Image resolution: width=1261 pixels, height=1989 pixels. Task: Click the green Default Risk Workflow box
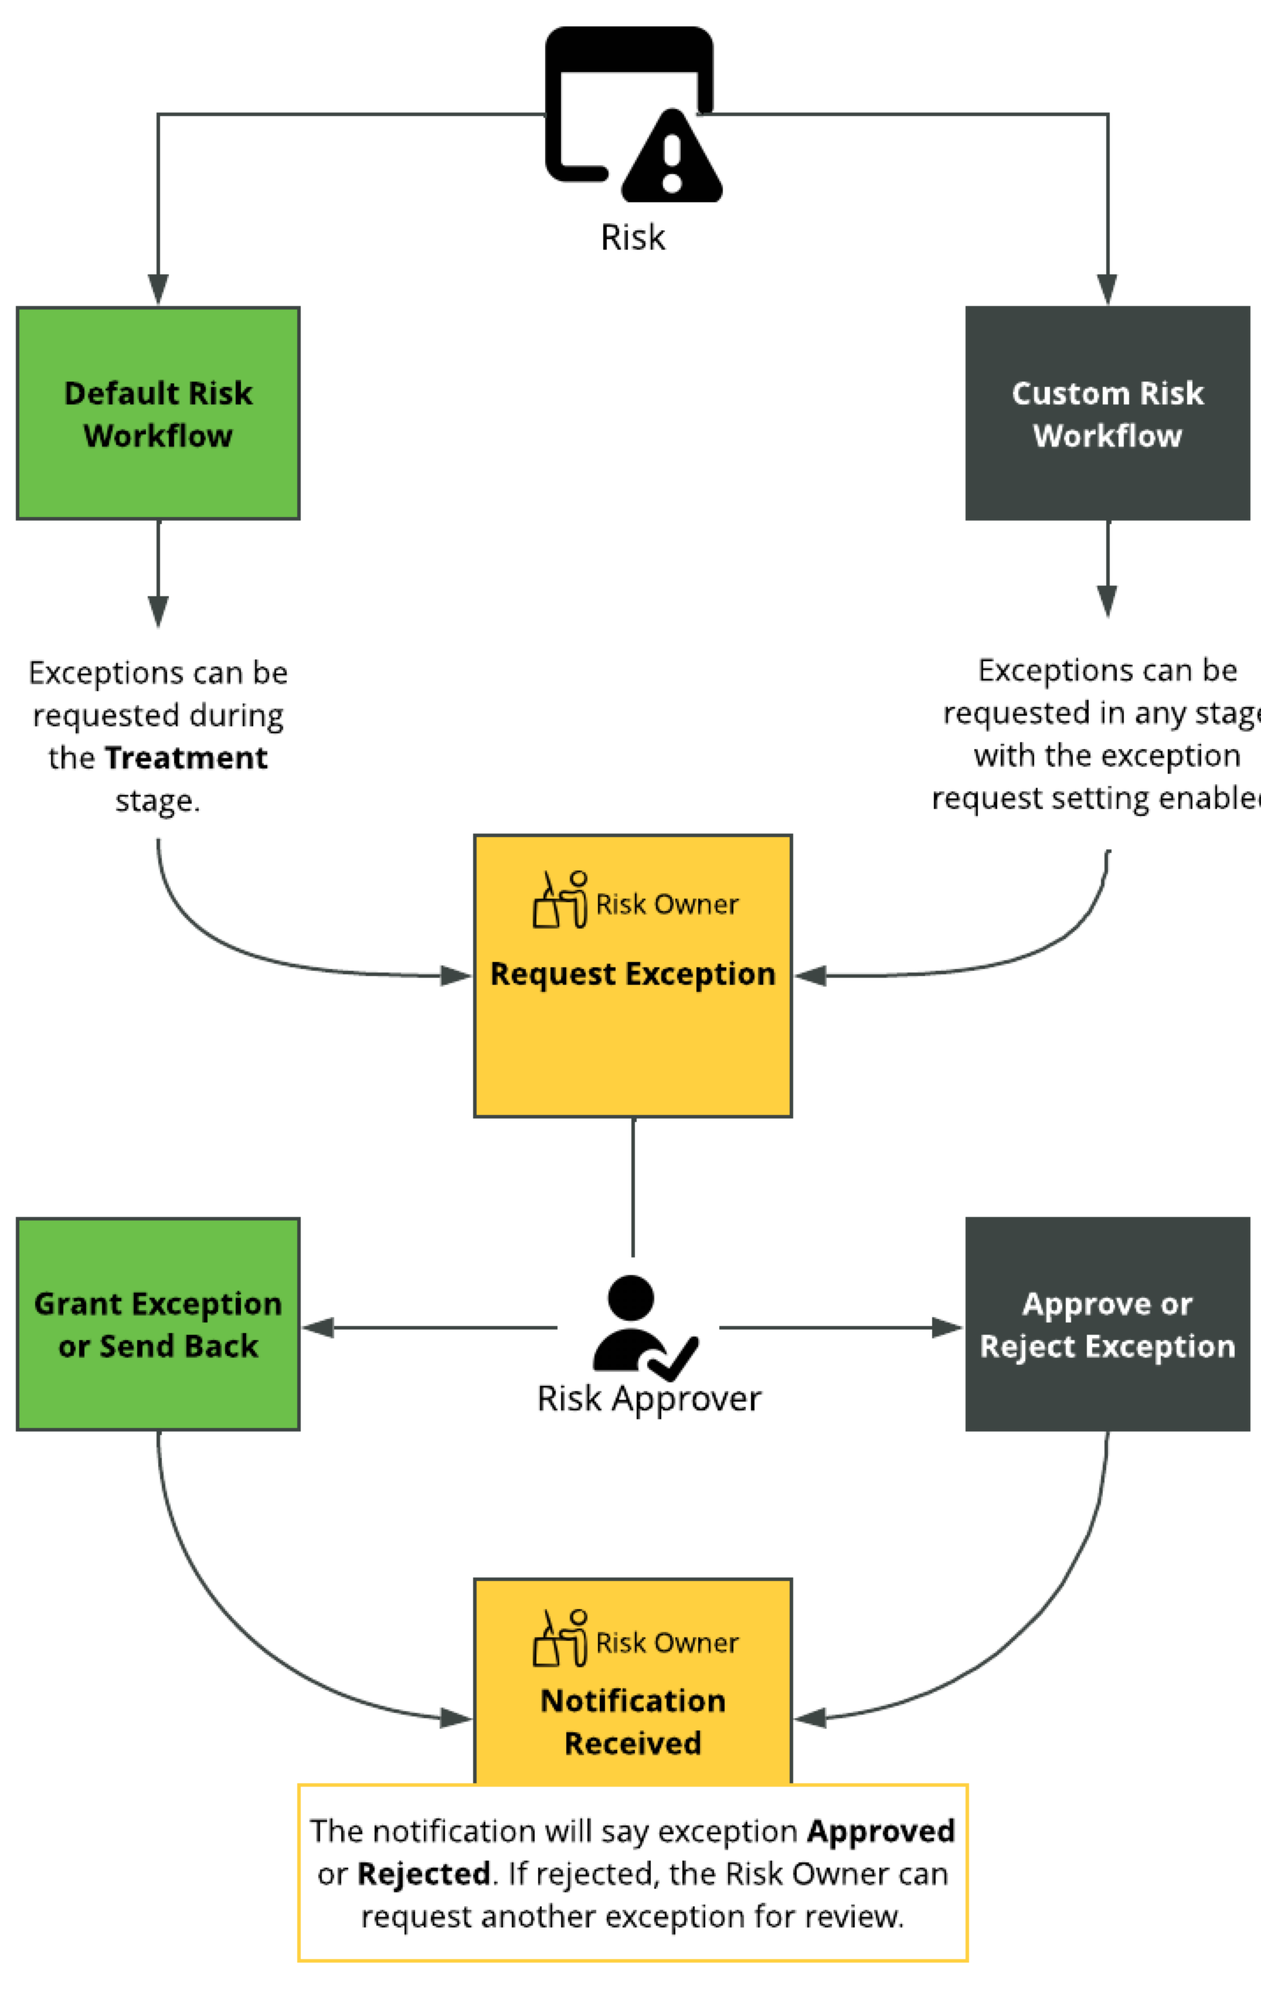pyautogui.click(x=158, y=413)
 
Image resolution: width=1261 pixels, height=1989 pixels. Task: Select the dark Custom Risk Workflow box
pyautogui.click(x=1107, y=413)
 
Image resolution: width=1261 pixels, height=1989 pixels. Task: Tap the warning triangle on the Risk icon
pyautogui.click(x=672, y=158)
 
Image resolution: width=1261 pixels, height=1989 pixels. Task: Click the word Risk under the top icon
pyautogui.click(x=632, y=237)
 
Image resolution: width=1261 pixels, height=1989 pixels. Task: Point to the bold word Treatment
pyautogui.click(x=186, y=758)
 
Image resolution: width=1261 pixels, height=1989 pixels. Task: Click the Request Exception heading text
pyautogui.click(x=632, y=974)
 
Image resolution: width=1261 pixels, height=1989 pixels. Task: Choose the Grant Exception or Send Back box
pyautogui.click(x=158, y=1324)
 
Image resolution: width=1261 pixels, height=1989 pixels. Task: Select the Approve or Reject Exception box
pyautogui.click(x=1107, y=1324)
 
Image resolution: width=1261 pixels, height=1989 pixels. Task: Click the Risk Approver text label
pyautogui.click(x=649, y=1399)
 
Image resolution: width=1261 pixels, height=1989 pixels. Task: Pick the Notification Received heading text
pyautogui.click(x=632, y=1722)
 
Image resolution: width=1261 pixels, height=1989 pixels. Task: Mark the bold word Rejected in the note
pyautogui.click(x=423, y=1874)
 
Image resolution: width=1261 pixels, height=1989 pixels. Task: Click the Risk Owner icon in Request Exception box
pyautogui.click(x=560, y=900)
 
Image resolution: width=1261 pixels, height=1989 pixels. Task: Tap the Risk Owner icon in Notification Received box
pyautogui.click(x=560, y=1639)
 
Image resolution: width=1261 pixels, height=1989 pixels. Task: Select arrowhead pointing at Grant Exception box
pyautogui.click(x=318, y=1327)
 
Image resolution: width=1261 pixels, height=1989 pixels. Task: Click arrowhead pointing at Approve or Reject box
pyautogui.click(x=948, y=1327)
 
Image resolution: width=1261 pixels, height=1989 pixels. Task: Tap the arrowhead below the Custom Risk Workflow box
pyautogui.click(x=1107, y=601)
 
